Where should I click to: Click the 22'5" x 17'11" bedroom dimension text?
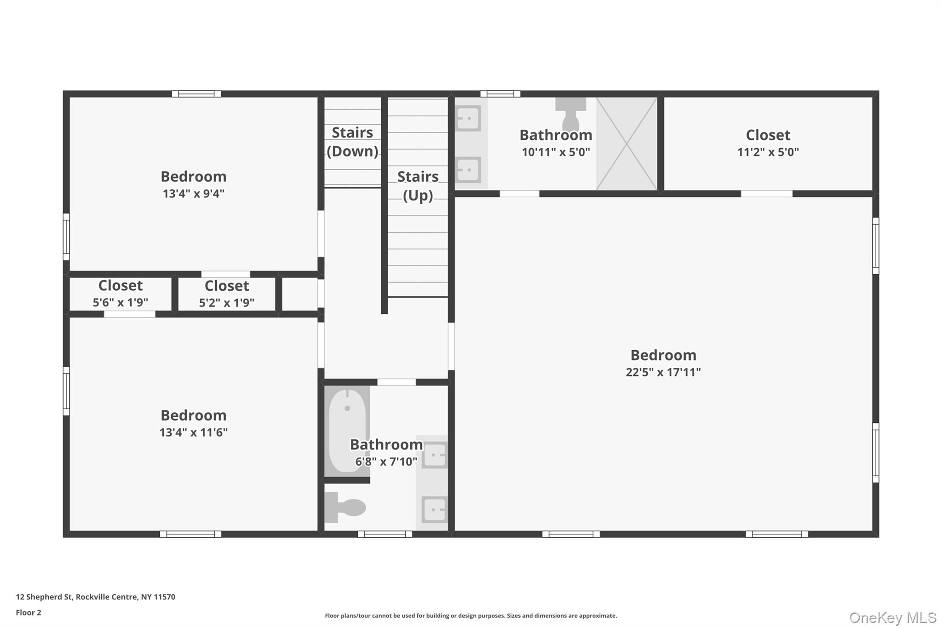coord(663,372)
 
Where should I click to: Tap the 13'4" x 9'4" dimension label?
coord(194,194)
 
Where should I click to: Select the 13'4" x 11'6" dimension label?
coord(194,432)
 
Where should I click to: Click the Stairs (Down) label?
coord(352,142)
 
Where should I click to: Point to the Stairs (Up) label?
coord(418,186)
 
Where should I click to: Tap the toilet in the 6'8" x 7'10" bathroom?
coord(345,507)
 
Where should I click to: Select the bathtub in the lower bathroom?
coord(347,432)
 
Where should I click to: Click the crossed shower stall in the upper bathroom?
coord(626,144)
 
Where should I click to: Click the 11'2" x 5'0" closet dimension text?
coord(768,152)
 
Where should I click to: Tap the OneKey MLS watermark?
coord(893,617)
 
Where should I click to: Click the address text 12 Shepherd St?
coord(44,597)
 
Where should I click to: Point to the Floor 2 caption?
coord(29,612)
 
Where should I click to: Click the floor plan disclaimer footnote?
coord(471,616)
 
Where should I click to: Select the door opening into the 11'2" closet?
coord(767,194)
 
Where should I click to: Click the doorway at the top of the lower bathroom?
coord(396,382)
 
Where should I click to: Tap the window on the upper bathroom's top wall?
coord(500,94)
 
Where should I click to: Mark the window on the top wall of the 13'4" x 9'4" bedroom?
coord(196,94)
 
